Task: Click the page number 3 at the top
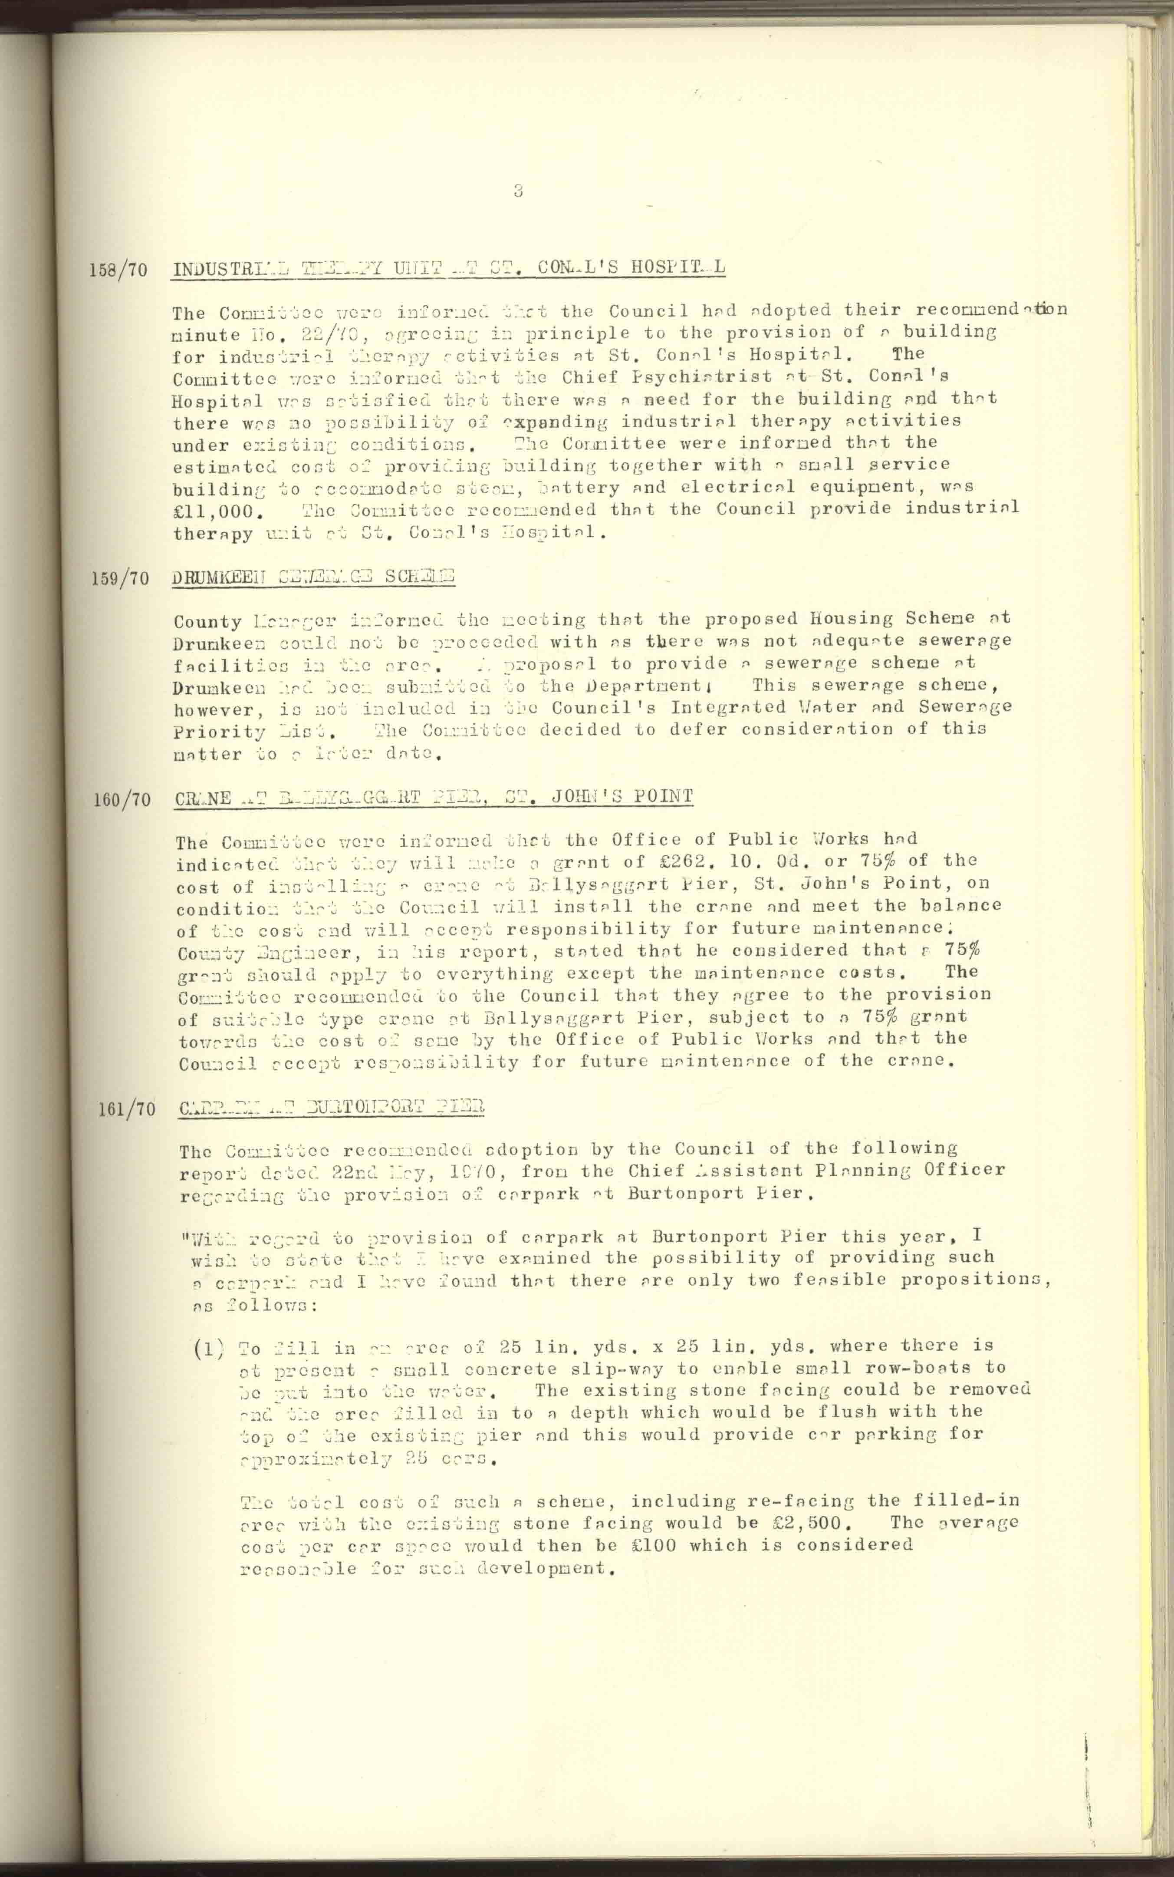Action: tap(518, 190)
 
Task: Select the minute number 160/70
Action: tap(122, 799)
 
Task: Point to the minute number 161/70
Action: tap(127, 1109)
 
